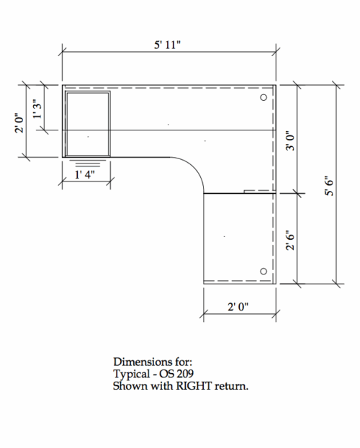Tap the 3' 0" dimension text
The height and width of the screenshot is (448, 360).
coord(292,139)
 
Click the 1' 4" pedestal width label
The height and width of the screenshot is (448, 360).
coord(86,174)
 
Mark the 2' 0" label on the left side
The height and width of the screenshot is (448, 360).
coord(22,120)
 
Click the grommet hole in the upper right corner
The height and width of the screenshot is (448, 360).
coord(264,97)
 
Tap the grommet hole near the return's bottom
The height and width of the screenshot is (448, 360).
coord(264,271)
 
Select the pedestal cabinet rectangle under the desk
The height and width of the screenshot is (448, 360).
coord(88,122)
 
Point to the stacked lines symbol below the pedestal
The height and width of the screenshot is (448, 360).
coord(85,163)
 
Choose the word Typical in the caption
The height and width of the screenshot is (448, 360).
coord(130,375)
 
